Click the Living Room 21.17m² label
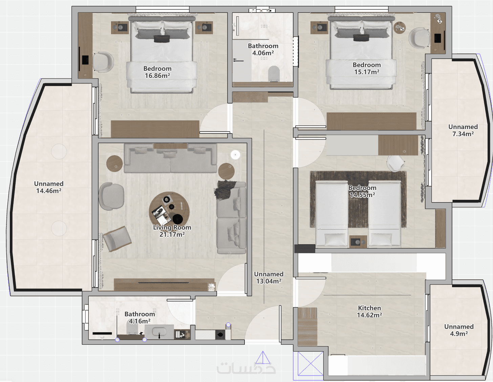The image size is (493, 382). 172,231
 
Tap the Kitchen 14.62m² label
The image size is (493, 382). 369,312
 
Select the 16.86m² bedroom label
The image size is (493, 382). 157,72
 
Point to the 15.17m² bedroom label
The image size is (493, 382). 367,68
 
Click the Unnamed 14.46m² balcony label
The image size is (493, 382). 49,187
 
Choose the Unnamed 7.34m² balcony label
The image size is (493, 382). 463,130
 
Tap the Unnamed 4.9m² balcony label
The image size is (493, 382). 459,330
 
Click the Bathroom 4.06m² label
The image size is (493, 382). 263,49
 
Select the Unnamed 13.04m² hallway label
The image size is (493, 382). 269,278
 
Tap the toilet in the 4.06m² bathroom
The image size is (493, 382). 274,73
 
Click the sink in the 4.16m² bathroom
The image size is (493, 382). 159,332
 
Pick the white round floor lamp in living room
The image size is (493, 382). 235,155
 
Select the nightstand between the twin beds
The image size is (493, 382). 358,241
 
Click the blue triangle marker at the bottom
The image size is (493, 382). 263,358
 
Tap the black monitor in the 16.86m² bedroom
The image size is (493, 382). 85,60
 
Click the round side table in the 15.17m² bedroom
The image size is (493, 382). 400,28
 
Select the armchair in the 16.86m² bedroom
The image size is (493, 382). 103,62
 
